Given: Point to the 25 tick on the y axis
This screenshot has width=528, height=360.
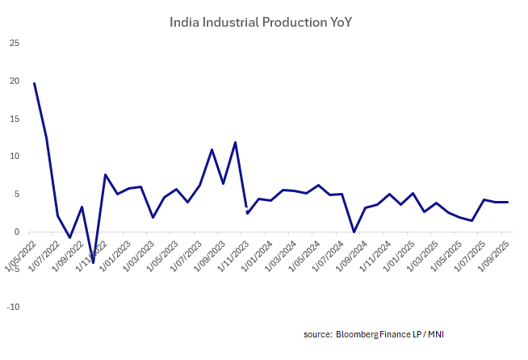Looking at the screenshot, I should pos(15,43).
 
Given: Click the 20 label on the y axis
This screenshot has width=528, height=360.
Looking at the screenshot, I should pos(15,81).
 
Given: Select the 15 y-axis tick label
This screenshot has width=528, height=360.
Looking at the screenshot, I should pos(15,119).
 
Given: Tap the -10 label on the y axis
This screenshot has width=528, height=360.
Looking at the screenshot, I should pos(13,308).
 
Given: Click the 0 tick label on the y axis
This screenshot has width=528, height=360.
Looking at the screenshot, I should pos(17,232).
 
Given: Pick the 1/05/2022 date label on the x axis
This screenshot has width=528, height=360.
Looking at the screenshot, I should pos(22,252).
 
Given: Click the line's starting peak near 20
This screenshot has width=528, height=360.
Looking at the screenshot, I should pos(34,83).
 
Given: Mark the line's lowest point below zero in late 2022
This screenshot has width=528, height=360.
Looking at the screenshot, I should pos(93,262).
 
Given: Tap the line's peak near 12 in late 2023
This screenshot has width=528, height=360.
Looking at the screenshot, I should pos(235,143).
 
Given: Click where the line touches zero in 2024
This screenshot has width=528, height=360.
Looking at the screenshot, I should pos(354,232).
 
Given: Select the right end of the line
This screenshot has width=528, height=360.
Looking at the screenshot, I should pos(506,202).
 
